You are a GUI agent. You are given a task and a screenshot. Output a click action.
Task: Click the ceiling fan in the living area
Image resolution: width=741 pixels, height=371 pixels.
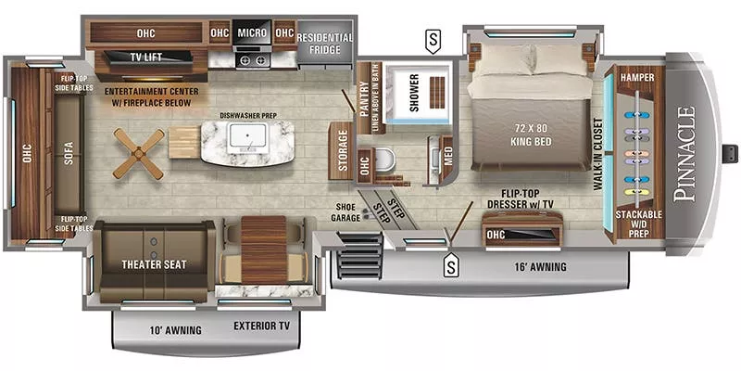pos(140,152)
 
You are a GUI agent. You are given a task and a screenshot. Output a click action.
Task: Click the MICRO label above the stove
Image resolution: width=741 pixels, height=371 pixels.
pos(252,32)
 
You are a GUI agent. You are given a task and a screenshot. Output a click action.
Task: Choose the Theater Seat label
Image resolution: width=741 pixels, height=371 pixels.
pos(154,264)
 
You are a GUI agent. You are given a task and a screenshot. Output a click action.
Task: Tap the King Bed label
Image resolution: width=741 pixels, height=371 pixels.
pos(531,135)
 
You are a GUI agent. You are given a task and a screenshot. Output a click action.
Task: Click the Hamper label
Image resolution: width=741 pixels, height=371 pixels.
pos(637,77)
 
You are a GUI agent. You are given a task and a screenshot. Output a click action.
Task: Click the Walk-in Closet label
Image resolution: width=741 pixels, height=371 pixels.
pos(597,154)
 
